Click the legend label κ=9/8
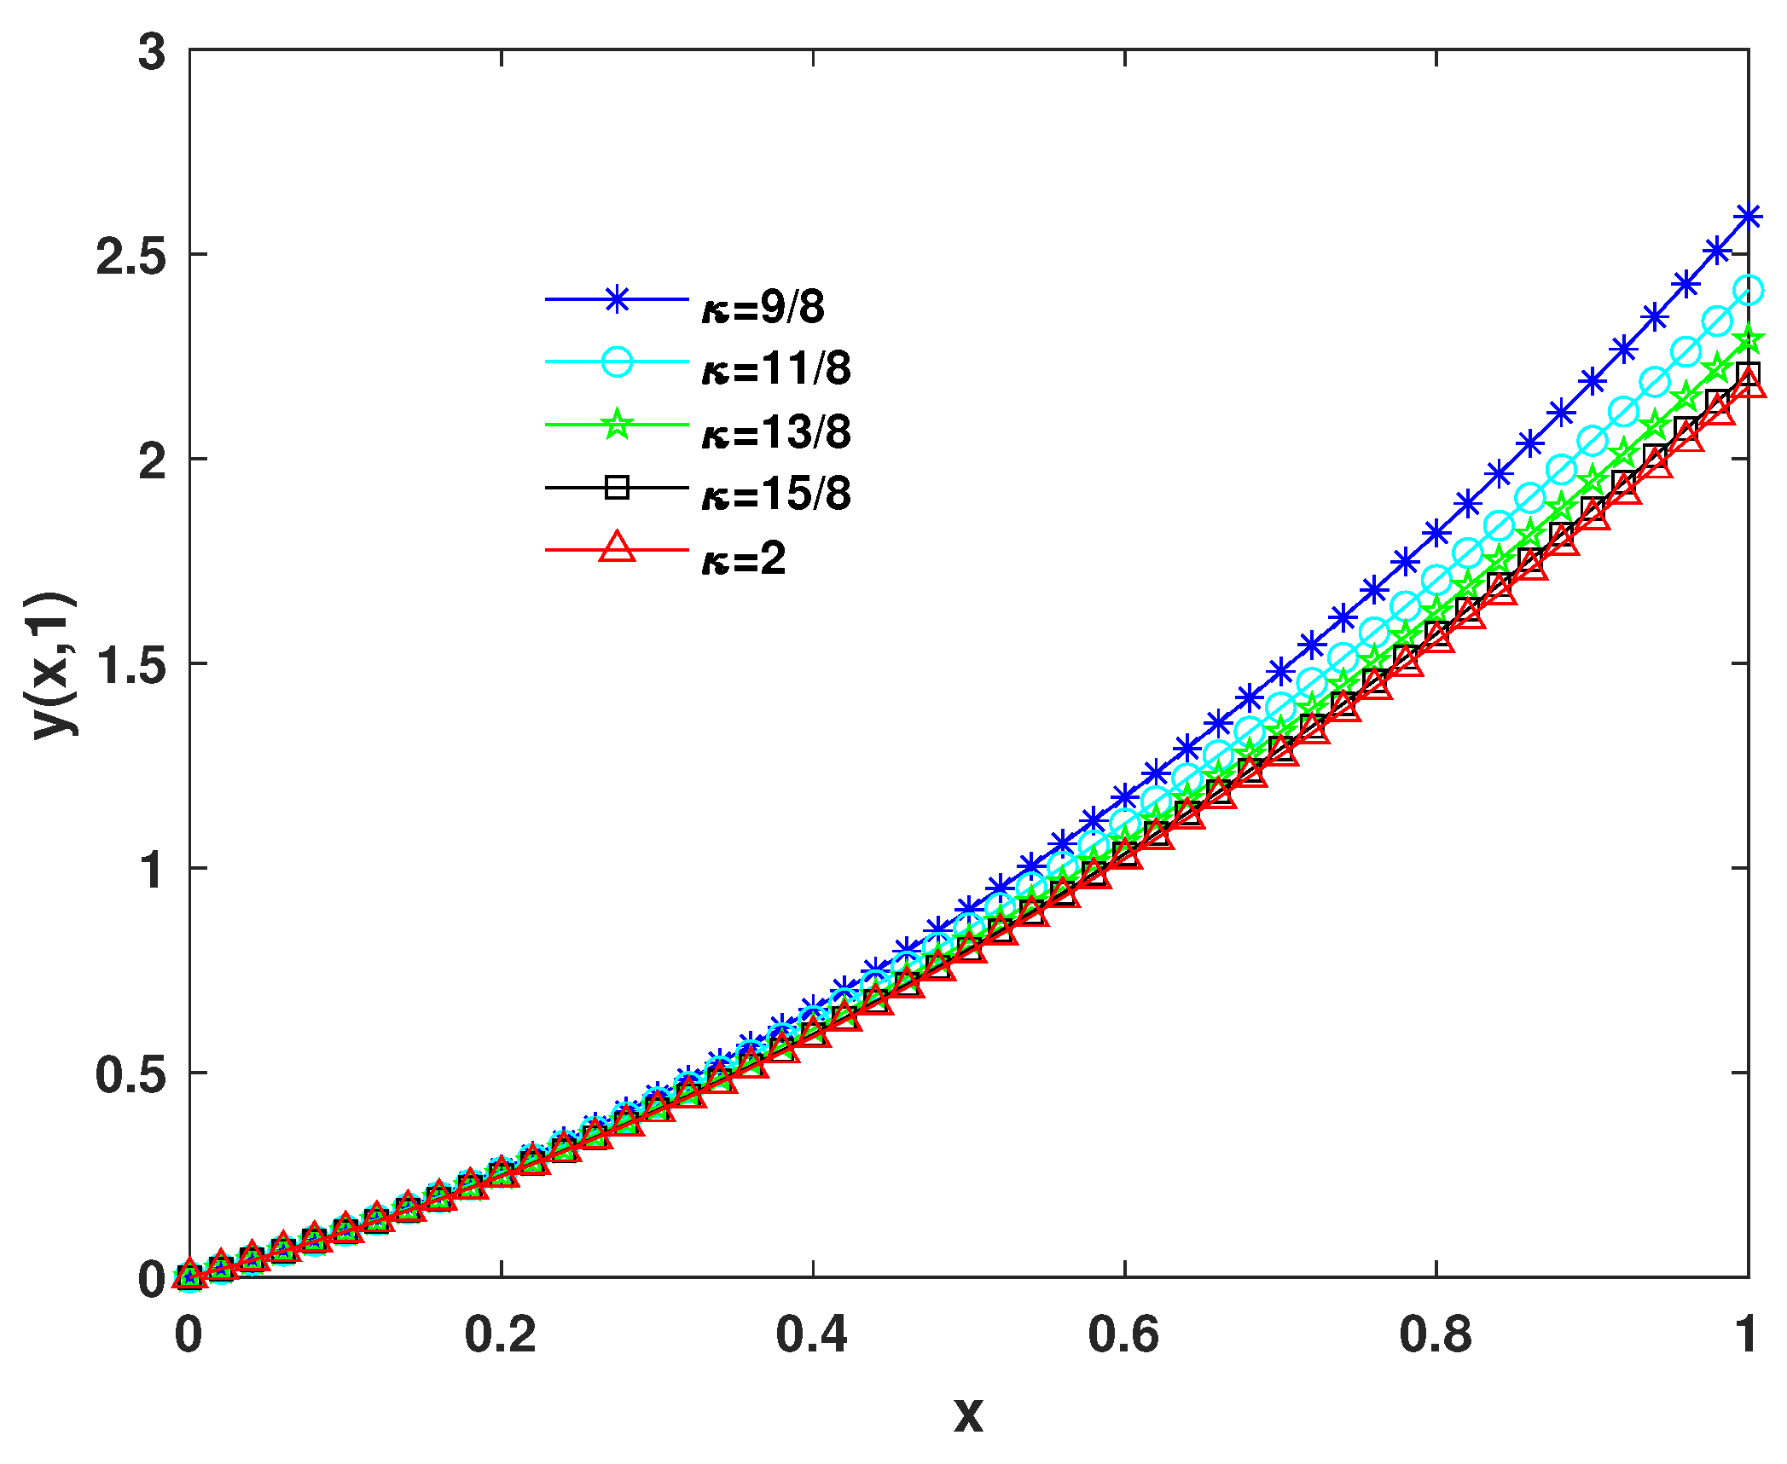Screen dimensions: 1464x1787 (x=763, y=307)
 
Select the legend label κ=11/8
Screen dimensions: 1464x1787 (x=776, y=369)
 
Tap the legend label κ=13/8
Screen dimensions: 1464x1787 (x=776, y=432)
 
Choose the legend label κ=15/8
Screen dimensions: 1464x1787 (x=776, y=495)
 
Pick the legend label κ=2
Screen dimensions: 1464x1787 (x=744, y=558)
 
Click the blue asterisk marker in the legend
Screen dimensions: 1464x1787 (x=617, y=299)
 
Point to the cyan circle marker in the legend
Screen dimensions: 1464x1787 (x=617, y=362)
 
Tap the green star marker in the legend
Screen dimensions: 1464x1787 (x=617, y=425)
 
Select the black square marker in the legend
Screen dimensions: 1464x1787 (x=617, y=488)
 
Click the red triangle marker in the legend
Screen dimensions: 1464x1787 (x=617, y=548)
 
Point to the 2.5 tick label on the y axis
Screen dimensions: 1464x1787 (x=131, y=255)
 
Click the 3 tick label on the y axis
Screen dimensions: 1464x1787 (x=152, y=53)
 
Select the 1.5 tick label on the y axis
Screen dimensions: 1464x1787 (x=131, y=664)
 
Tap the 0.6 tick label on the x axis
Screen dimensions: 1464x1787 (x=1123, y=1334)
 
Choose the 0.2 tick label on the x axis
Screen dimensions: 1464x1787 (x=501, y=1334)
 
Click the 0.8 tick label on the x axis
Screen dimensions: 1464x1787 (x=1436, y=1334)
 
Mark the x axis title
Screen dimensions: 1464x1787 (x=968, y=1415)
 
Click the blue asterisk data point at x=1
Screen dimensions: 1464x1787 (x=1748, y=217)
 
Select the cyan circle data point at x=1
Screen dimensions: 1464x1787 (x=1748, y=291)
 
